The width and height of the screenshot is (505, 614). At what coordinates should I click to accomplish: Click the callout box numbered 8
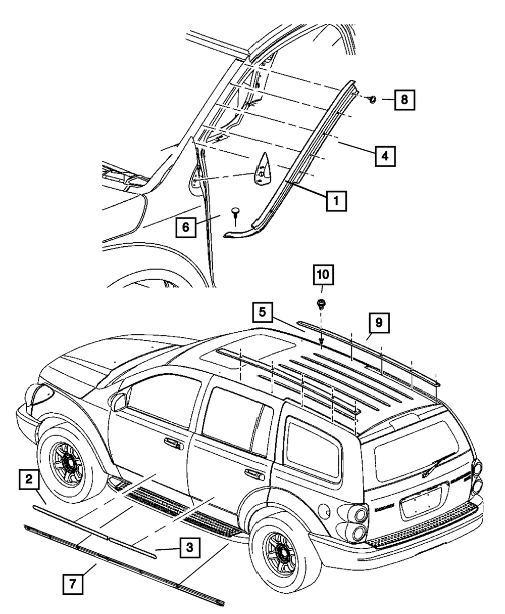[404, 100]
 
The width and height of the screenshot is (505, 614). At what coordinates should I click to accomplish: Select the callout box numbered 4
[385, 156]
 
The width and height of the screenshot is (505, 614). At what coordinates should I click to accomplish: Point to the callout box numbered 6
[186, 227]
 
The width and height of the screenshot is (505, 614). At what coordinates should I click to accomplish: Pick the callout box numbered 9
[379, 322]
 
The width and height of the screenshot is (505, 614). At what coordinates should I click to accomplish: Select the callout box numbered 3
[189, 547]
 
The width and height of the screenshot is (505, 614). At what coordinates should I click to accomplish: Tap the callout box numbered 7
[72, 585]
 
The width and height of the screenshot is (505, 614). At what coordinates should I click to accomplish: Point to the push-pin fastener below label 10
[320, 304]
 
